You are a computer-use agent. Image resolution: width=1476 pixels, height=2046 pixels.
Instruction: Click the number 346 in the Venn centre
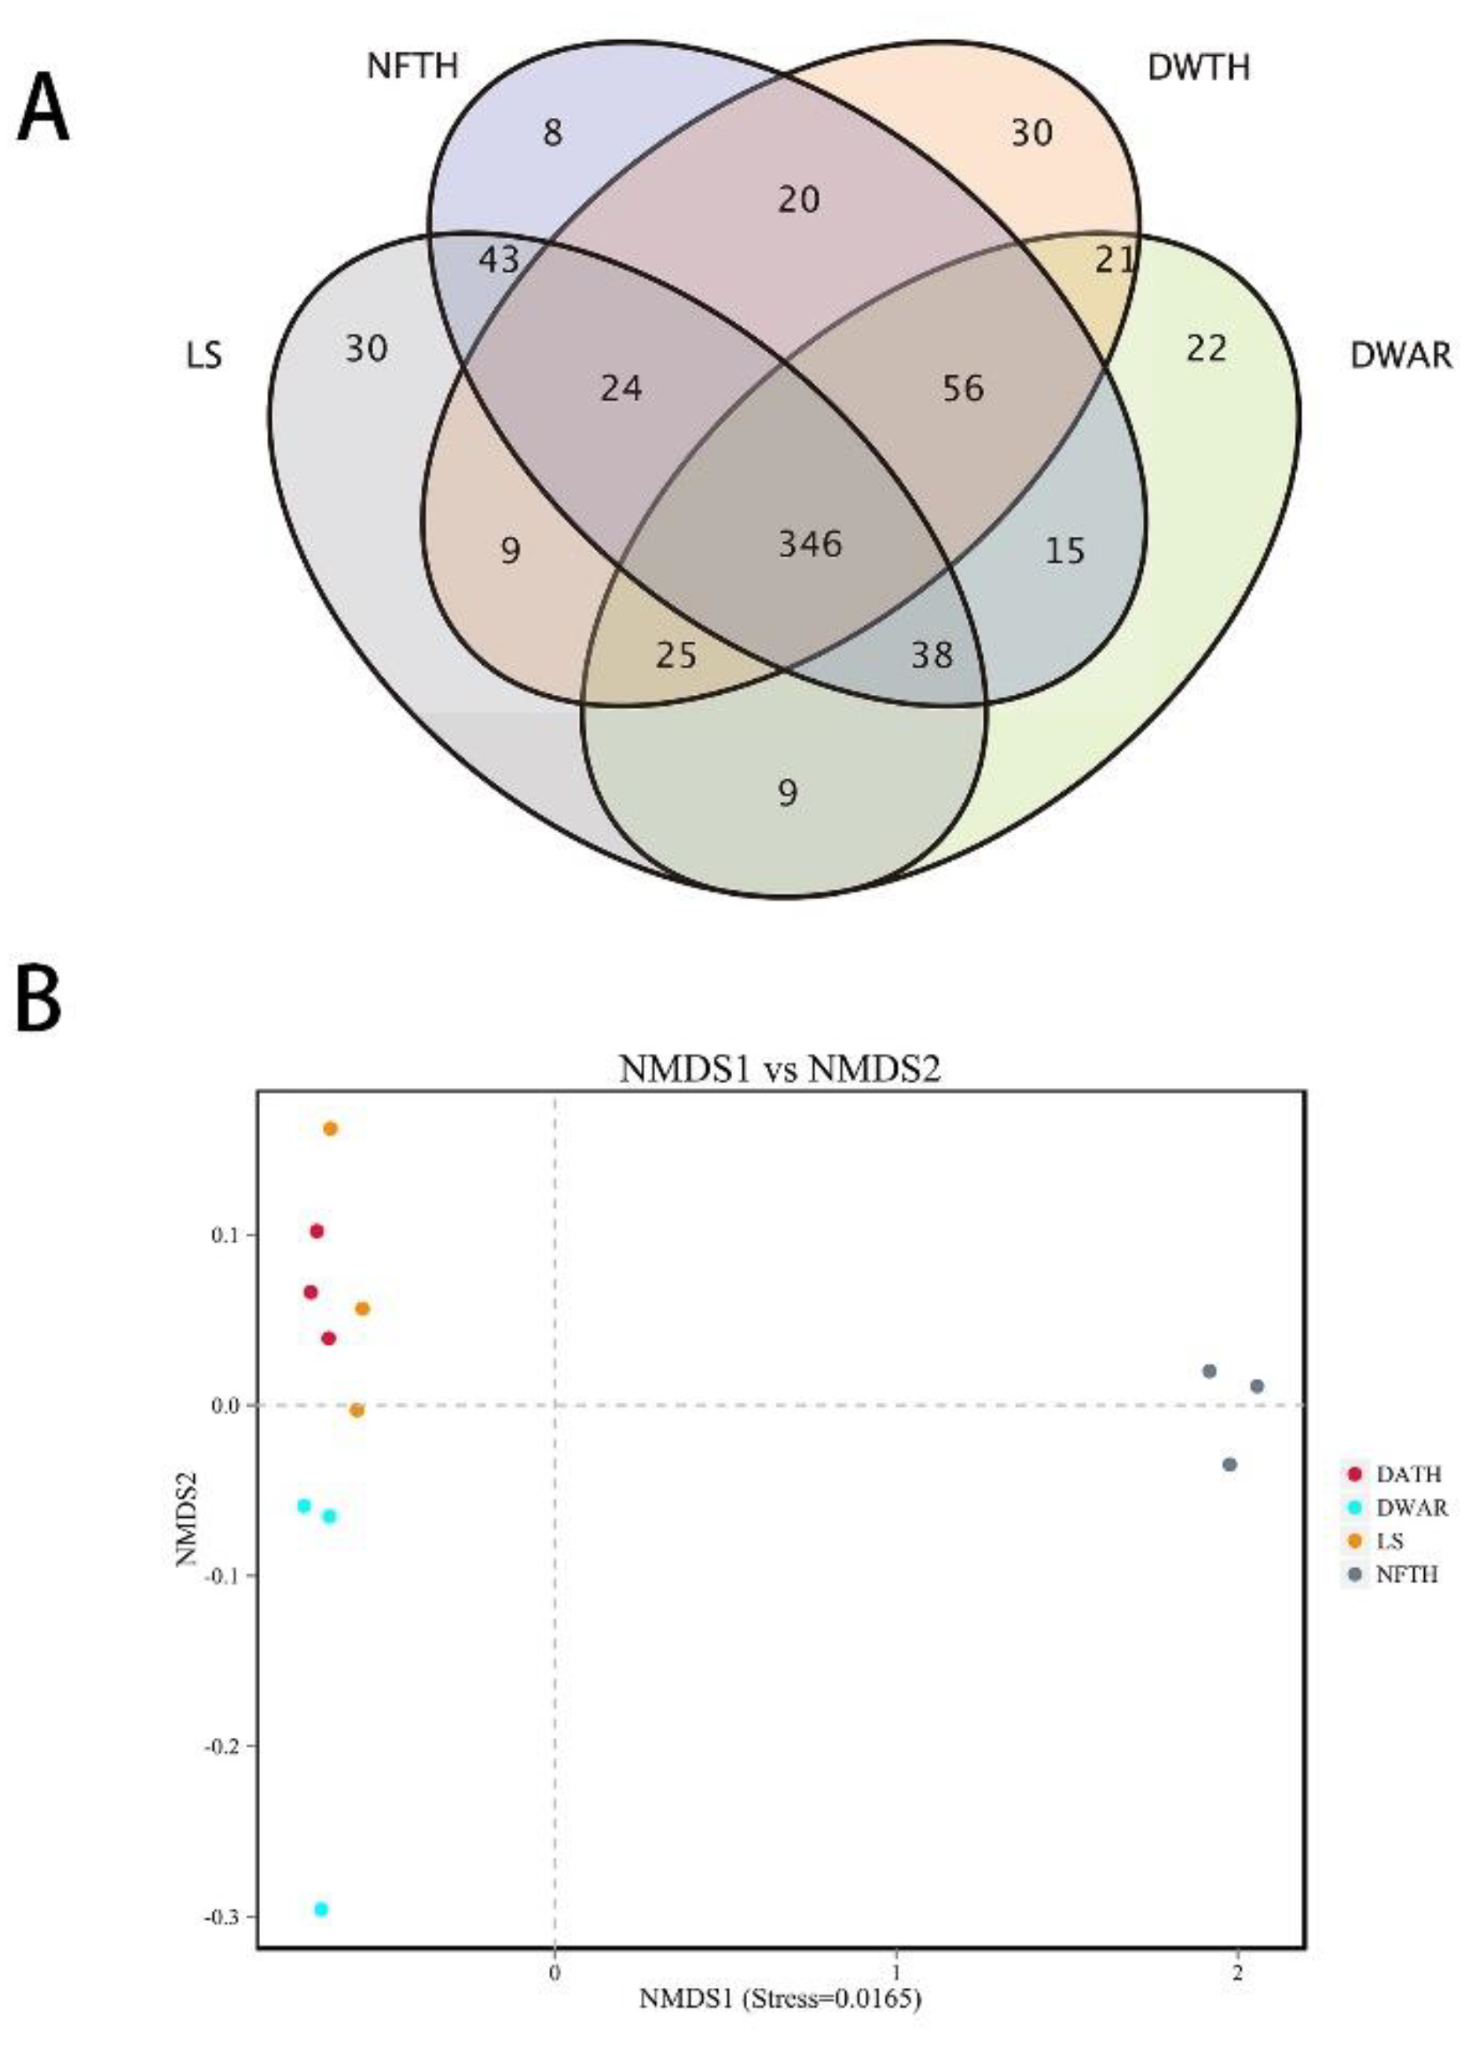pyautogui.click(x=810, y=544)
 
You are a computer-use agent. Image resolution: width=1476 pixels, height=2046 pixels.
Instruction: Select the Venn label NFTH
pyautogui.click(x=412, y=66)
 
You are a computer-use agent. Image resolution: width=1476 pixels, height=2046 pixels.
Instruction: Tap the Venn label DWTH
pyautogui.click(x=1198, y=68)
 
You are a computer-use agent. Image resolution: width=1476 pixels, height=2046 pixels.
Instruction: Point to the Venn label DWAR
pyautogui.click(x=1401, y=356)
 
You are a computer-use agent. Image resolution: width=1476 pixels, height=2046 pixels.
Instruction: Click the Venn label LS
pyautogui.click(x=203, y=356)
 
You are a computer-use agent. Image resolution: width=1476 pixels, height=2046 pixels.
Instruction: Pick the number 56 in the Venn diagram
pyautogui.click(x=963, y=388)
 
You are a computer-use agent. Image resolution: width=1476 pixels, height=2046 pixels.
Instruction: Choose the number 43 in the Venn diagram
pyautogui.click(x=499, y=261)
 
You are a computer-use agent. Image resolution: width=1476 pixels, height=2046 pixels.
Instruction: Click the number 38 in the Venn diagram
pyautogui.click(x=932, y=654)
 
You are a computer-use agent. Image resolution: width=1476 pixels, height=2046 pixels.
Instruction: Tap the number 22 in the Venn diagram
pyautogui.click(x=1207, y=348)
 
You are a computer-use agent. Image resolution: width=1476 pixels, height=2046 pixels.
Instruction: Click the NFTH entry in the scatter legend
pyautogui.click(x=1407, y=1575)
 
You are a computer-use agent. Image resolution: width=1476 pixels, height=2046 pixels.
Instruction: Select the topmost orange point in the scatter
pyautogui.click(x=330, y=1129)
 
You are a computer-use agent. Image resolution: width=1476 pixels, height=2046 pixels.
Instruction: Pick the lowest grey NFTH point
pyautogui.click(x=1229, y=1464)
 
